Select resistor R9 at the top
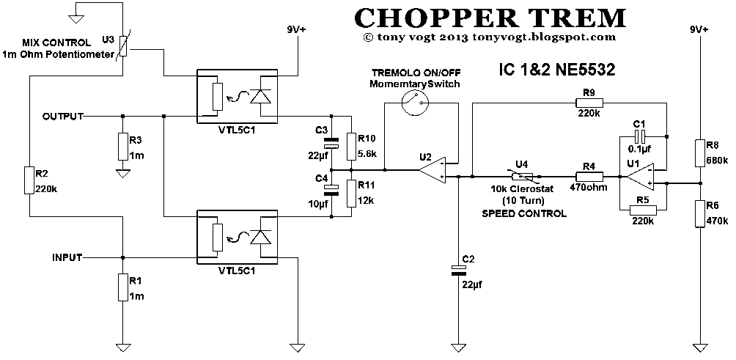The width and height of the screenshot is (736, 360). (x=588, y=103)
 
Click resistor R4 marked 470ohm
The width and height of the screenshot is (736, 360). (x=588, y=176)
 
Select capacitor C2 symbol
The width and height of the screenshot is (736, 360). (x=458, y=271)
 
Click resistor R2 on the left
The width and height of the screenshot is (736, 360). (x=30, y=180)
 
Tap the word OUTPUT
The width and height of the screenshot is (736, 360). (x=63, y=117)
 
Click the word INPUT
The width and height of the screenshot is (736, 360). (x=67, y=257)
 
